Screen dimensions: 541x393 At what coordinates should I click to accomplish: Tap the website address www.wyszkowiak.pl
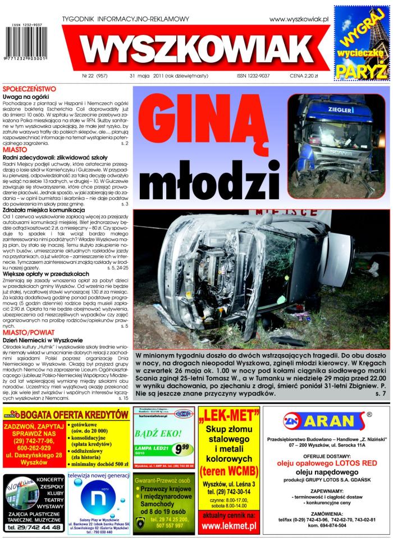pyautogui.click(x=299, y=19)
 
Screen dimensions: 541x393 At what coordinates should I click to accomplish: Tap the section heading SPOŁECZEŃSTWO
pyautogui.click(x=29, y=89)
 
